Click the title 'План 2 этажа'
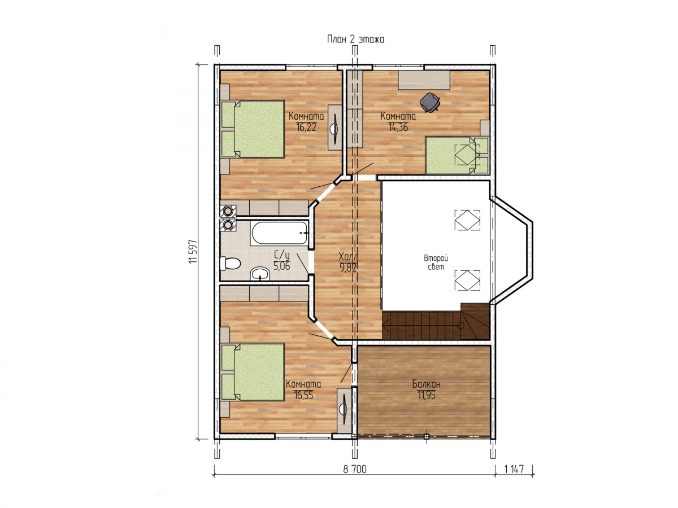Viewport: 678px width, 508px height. coord(355,40)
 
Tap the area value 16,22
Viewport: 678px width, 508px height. coord(306,127)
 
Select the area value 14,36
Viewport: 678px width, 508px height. coord(398,127)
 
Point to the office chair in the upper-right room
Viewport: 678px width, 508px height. coord(429,102)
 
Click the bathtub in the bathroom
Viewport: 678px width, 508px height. coord(280,233)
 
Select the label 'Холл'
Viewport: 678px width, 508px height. coord(347,257)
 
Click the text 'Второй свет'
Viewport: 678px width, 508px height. coord(436,262)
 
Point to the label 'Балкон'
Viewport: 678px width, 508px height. coord(426,384)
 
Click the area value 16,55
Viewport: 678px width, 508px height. coord(303,395)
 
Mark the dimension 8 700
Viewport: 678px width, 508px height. coord(355,469)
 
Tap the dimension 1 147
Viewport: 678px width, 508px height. coord(514,469)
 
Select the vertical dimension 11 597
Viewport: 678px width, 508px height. coord(193,251)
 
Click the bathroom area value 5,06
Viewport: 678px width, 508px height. coord(282,266)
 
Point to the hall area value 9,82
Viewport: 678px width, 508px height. coord(348,268)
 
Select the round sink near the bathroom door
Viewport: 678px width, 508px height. coord(260,274)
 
